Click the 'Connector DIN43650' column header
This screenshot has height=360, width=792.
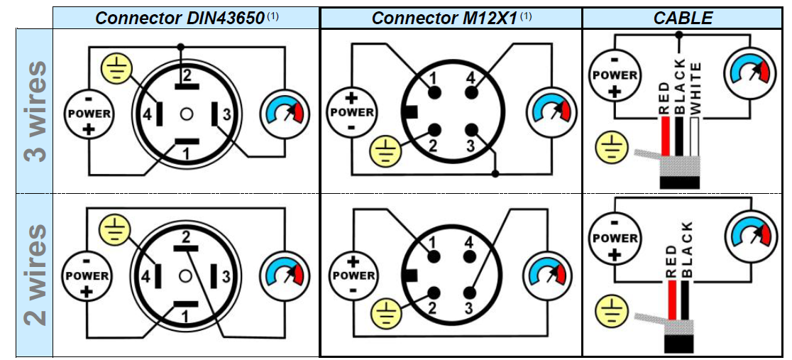point(180,18)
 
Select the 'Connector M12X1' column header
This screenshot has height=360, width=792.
point(445,18)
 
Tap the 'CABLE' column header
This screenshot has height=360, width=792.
point(683,18)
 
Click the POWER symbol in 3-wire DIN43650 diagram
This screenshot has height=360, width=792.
point(89,114)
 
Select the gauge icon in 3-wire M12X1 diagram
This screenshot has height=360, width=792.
point(551,111)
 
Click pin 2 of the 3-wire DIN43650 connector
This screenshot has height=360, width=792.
point(187,87)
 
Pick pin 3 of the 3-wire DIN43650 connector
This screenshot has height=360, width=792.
point(214,114)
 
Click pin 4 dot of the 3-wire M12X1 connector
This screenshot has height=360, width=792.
point(469,93)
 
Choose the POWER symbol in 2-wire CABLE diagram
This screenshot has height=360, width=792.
point(615,239)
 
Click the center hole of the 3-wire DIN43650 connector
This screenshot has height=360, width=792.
point(187,114)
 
